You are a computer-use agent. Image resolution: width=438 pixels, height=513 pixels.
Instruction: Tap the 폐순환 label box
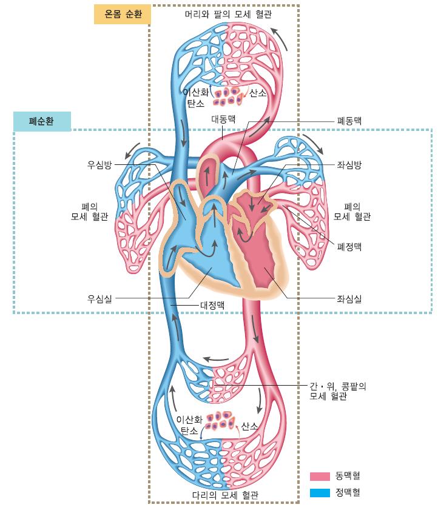point(41,121)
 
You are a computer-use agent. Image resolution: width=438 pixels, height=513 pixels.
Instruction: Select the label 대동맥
point(223,119)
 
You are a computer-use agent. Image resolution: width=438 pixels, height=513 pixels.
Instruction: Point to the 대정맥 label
point(212,305)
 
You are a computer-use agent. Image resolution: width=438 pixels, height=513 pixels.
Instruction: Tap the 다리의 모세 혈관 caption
point(225,495)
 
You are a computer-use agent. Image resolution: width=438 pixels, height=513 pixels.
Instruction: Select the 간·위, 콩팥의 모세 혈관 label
point(338,391)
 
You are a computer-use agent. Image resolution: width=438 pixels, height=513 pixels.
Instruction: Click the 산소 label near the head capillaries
point(258,93)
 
